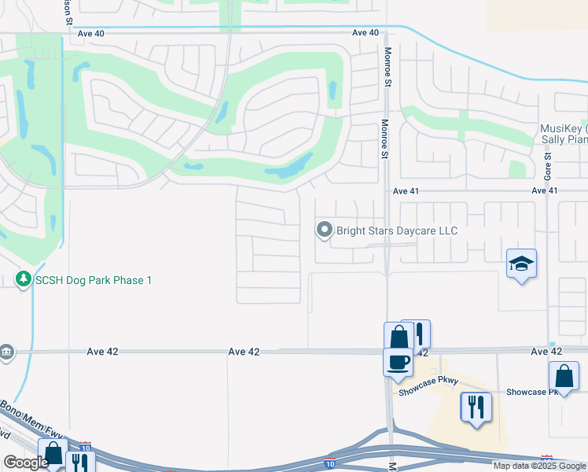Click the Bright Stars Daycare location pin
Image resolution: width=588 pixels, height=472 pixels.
pyautogui.click(x=324, y=230)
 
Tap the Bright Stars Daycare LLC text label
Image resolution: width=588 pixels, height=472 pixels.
pyautogui.click(x=397, y=231)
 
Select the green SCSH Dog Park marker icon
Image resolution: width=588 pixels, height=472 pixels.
pyautogui.click(x=24, y=279)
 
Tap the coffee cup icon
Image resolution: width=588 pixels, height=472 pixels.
pyautogui.click(x=399, y=362)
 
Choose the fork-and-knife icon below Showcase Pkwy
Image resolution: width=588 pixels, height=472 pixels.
pyautogui.click(x=476, y=407)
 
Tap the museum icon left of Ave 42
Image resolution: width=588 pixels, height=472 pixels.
pyautogui.click(x=6, y=351)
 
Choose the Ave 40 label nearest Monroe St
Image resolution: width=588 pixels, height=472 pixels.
pyautogui.click(x=366, y=33)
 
